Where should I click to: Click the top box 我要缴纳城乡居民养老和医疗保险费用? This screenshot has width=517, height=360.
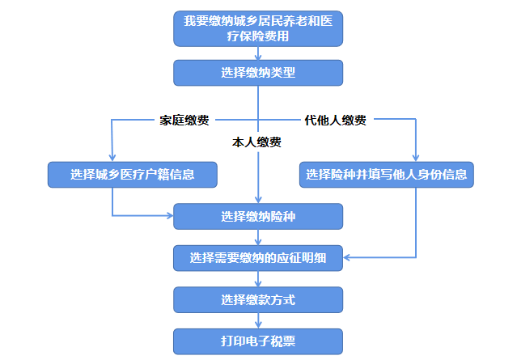[258, 28]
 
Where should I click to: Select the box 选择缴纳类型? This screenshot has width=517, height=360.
[258, 73]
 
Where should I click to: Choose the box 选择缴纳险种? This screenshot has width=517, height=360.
[258, 216]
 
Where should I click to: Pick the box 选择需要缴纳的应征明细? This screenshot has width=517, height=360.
[258, 259]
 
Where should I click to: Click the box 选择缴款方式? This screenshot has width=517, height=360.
[258, 300]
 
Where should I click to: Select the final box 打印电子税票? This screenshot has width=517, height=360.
[258, 341]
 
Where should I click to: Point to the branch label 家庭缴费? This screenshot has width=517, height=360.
[184, 121]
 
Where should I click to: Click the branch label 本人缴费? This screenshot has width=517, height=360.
[256, 142]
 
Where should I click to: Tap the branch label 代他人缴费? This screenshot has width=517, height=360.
[335, 121]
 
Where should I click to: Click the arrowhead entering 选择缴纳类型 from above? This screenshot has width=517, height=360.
[258, 57]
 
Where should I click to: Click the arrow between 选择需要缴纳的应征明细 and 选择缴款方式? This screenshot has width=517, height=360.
[258, 280]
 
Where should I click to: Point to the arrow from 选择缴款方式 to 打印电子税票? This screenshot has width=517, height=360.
[258, 321]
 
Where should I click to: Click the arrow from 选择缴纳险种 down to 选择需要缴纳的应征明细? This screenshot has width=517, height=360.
[258, 238]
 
